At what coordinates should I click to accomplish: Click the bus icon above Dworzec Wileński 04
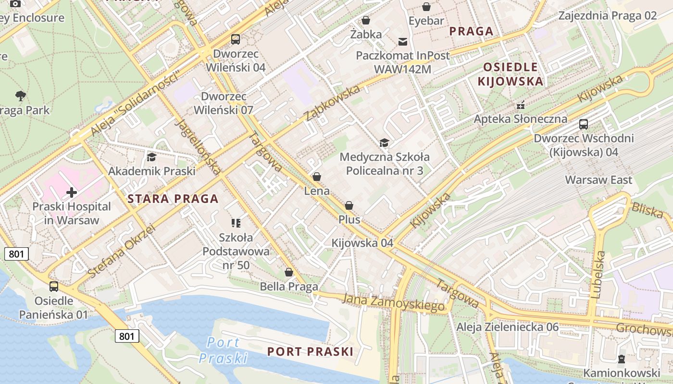(236, 39)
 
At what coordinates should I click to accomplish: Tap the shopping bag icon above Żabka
(366, 20)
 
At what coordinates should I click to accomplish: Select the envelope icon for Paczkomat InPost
(402, 42)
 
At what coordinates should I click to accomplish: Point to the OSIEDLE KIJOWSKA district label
(510, 74)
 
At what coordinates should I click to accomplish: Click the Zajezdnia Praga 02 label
(607, 15)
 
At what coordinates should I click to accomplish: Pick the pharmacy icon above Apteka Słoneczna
(520, 105)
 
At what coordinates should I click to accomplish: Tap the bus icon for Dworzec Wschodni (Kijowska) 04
(584, 124)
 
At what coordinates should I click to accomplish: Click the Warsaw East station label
(598, 180)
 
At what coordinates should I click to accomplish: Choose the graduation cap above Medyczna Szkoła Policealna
(384, 143)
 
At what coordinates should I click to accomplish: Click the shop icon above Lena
(317, 177)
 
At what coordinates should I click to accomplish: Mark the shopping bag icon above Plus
(349, 205)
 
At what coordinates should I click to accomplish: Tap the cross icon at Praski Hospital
(72, 192)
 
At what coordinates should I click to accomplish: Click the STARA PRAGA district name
(173, 199)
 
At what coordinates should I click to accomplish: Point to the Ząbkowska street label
(332, 103)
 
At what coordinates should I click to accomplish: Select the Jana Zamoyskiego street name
(393, 302)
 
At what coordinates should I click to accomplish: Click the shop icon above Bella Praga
(289, 272)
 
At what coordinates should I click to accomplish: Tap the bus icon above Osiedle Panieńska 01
(54, 287)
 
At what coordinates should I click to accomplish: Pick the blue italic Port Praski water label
(224, 350)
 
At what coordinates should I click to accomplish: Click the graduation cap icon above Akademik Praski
(151, 157)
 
